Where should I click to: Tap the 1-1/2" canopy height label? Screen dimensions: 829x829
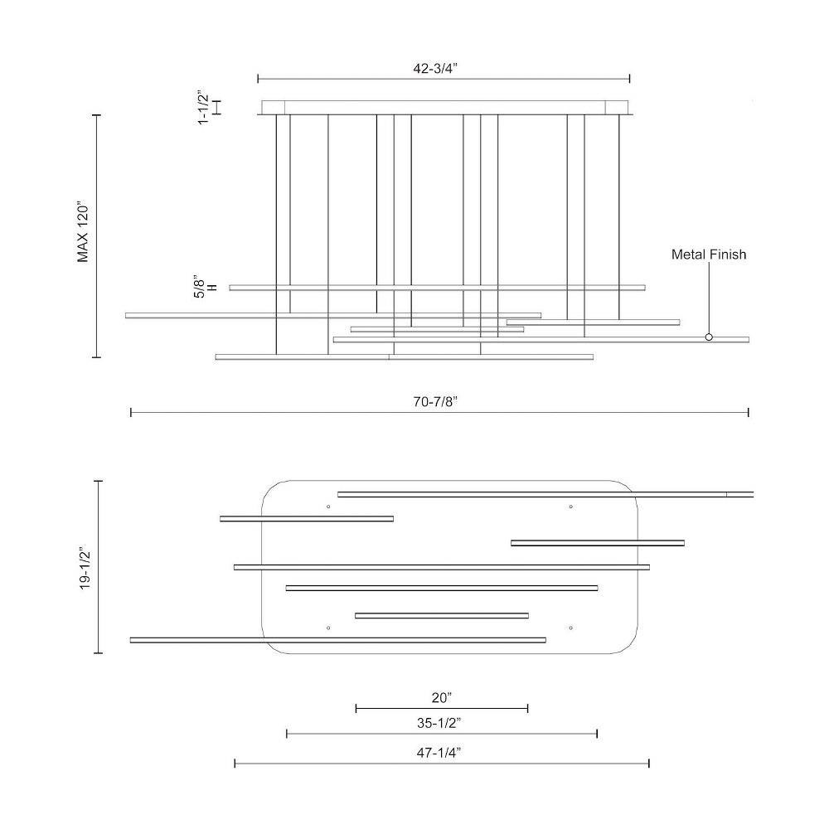point(203,107)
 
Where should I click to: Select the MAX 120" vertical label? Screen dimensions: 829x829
point(83,231)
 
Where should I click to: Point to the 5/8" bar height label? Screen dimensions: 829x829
point(205,287)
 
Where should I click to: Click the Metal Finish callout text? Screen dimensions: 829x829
point(709,255)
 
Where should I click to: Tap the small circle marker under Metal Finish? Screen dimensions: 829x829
point(709,337)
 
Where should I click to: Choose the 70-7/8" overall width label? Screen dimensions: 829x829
point(435,402)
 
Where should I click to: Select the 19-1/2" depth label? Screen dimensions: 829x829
point(85,567)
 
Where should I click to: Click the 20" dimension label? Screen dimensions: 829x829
point(442,698)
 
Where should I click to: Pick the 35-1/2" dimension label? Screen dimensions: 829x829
point(439,723)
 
